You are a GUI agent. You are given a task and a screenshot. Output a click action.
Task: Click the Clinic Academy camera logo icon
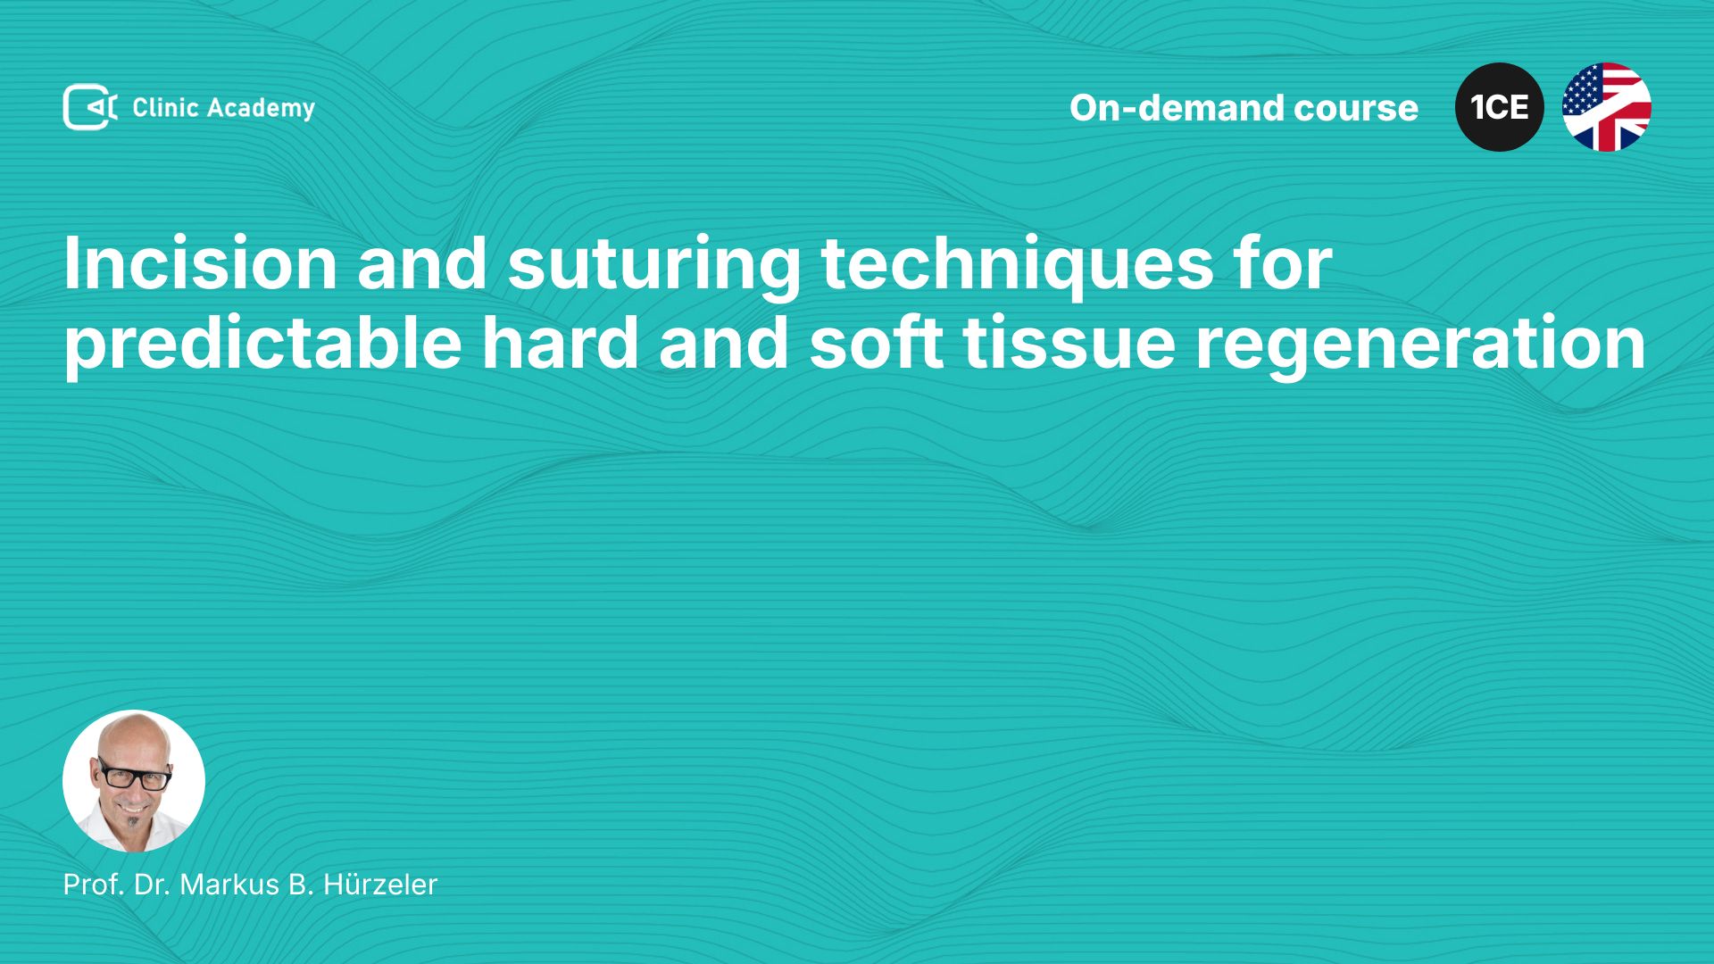[89, 107]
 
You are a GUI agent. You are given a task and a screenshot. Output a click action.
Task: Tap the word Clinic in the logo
[165, 107]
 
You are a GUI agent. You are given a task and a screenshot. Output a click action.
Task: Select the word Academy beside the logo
[262, 109]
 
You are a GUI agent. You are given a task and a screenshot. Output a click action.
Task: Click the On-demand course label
[1244, 108]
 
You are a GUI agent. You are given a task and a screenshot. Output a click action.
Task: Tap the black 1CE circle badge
[1500, 107]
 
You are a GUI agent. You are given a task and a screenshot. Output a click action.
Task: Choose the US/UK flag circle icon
[1607, 107]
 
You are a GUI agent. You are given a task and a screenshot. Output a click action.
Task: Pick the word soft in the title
[876, 343]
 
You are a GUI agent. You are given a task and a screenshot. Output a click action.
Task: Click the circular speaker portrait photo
[134, 781]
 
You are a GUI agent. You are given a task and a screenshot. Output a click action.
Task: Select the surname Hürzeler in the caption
[380, 884]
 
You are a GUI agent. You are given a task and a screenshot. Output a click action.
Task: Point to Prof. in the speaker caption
[94, 884]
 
